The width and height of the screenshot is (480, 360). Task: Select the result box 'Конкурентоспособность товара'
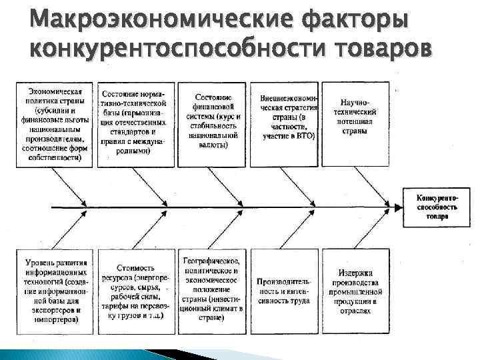point(437,207)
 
